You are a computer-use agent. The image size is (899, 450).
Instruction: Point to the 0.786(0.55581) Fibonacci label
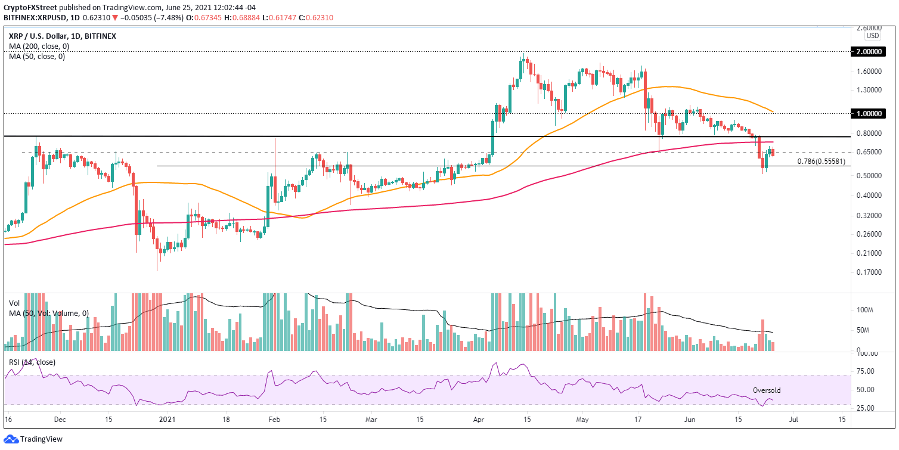click(821, 161)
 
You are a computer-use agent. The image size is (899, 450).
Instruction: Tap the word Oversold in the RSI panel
click(766, 390)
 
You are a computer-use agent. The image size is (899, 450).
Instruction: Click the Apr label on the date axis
click(478, 420)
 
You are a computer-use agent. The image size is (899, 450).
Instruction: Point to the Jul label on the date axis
click(794, 420)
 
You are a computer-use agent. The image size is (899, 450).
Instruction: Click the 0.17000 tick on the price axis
click(872, 272)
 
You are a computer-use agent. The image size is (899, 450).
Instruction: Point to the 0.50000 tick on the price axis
click(872, 176)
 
